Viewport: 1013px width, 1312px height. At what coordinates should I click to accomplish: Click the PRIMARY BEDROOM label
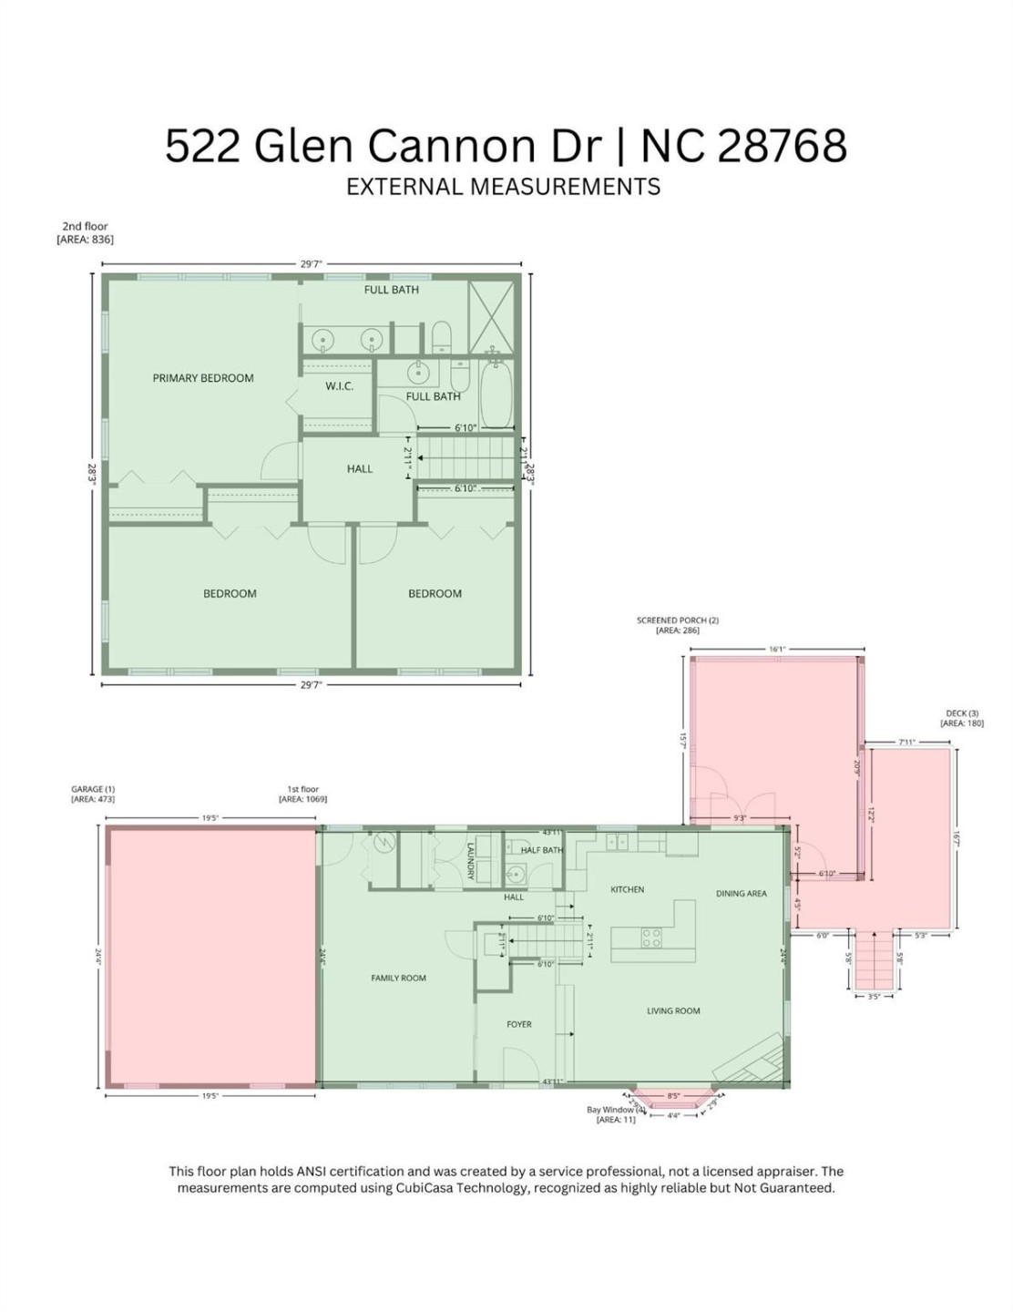click(x=203, y=378)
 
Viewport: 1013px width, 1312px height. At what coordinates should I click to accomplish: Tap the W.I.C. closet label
click(x=339, y=386)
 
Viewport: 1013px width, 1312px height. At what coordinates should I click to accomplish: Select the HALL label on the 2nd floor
click(x=360, y=468)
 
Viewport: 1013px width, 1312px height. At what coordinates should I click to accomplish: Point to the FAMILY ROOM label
click(x=398, y=978)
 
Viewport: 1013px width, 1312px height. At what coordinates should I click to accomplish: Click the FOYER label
click(x=519, y=1024)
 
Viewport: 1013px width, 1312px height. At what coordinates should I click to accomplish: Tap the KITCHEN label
click(x=627, y=889)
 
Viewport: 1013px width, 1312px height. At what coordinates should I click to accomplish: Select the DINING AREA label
click(x=741, y=894)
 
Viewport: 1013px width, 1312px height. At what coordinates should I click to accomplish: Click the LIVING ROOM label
click(x=673, y=1010)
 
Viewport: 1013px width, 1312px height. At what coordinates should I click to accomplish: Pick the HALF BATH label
click(x=541, y=850)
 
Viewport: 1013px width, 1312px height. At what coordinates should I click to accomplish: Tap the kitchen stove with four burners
click(x=650, y=938)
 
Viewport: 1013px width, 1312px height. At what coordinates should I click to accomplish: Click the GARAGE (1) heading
click(x=93, y=789)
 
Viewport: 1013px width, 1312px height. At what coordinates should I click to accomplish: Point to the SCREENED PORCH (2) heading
click(x=678, y=620)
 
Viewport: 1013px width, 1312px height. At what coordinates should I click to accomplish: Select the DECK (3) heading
click(x=962, y=713)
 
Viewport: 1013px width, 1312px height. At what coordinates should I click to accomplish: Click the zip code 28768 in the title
click(x=783, y=145)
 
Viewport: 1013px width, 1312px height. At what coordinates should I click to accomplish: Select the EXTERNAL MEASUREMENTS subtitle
click(x=503, y=187)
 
